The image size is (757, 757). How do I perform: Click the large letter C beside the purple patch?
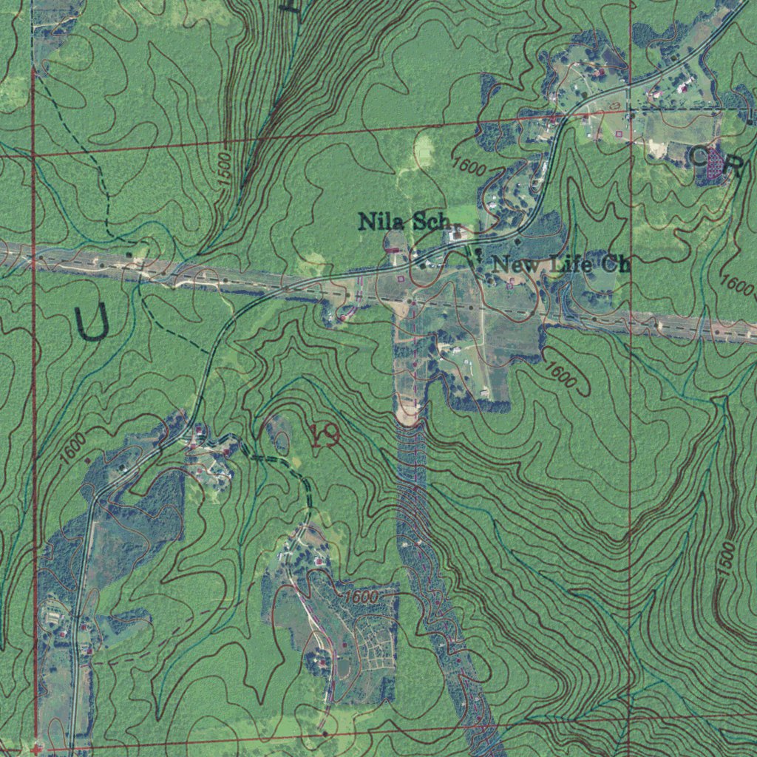pos(699,157)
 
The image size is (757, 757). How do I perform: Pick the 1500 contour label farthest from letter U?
pos(728,559)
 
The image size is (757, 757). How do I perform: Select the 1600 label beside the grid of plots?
pos(360,596)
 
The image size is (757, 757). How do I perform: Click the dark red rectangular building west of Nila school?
pos(392,251)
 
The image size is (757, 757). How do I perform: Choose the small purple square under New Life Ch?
pos(510,284)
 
